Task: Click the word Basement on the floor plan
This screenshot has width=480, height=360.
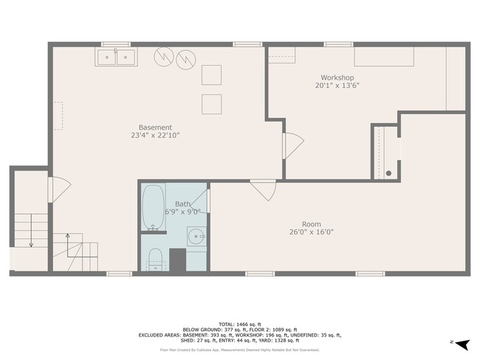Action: click(155, 127)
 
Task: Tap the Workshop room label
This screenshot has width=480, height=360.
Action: click(337, 77)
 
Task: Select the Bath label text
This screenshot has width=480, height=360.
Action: click(182, 204)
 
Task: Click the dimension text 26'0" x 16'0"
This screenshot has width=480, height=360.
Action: click(311, 232)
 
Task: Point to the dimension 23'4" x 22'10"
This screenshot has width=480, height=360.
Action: click(155, 135)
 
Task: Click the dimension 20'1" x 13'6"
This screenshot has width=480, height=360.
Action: click(337, 86)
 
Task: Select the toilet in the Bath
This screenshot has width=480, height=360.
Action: click(155, 259)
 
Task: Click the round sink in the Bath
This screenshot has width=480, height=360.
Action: click(196, 238)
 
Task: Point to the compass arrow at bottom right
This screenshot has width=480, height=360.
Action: click(462, 344)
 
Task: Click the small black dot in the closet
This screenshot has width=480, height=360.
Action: click(388, 173)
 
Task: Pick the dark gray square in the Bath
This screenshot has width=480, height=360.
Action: click(177, 260)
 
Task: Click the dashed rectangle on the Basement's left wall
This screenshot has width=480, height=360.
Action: click(58, 116)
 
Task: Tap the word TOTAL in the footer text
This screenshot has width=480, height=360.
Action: click(245, 323)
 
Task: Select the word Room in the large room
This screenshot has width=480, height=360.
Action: click(311, 224)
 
